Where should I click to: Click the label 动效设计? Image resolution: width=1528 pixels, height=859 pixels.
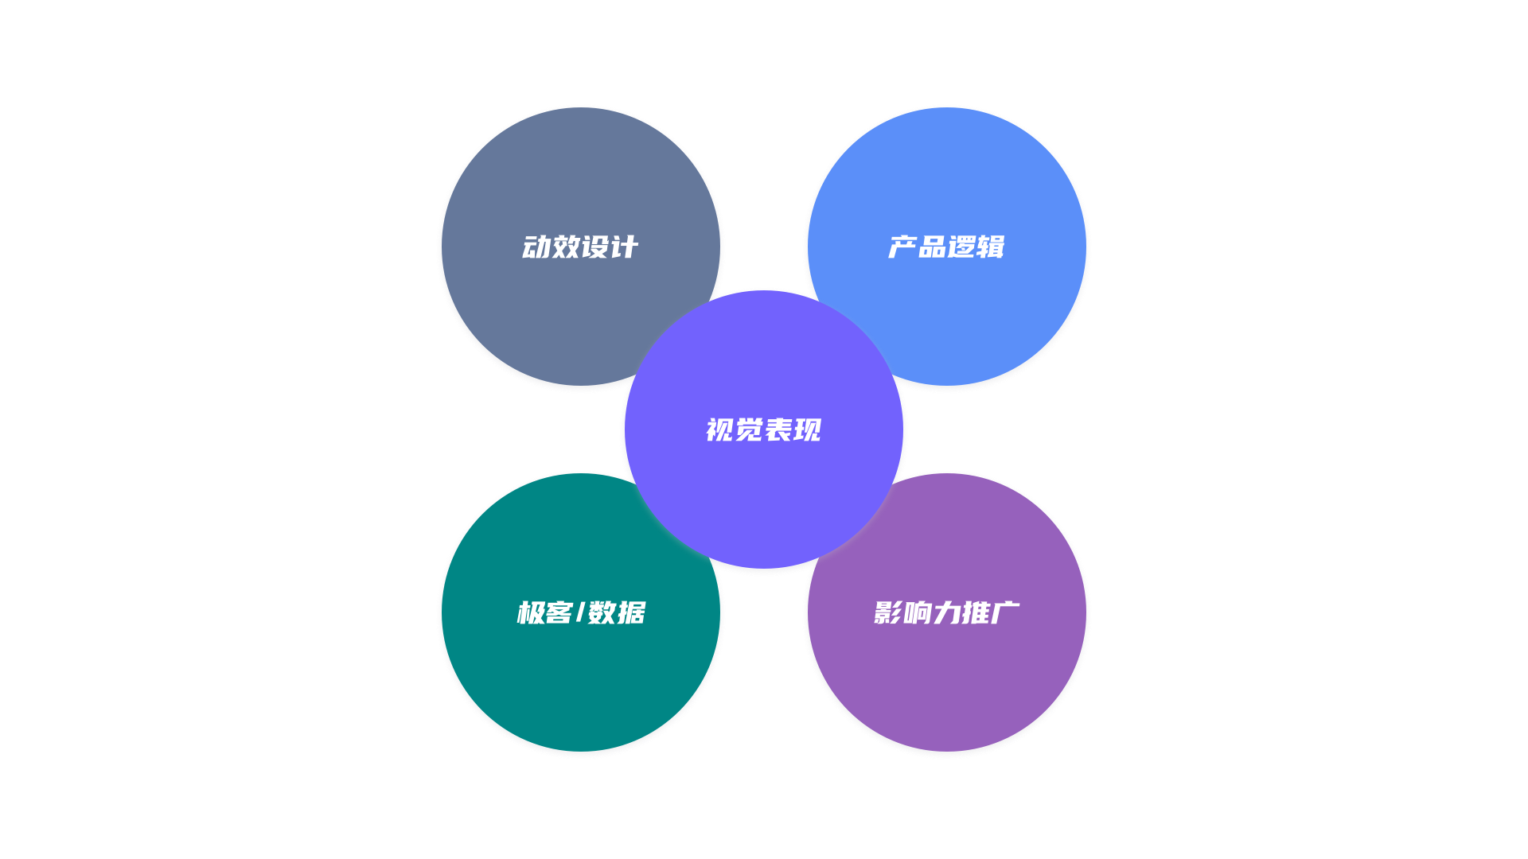coord(580,247)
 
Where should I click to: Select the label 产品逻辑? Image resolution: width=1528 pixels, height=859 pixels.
coord(946,247)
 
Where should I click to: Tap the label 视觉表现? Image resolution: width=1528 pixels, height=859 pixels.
coord(763,430)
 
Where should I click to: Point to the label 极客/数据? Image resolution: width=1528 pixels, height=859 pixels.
coord(581,613)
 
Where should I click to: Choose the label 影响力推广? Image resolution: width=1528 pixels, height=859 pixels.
coord(946,613)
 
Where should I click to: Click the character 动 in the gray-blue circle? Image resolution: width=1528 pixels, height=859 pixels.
coord(537,247)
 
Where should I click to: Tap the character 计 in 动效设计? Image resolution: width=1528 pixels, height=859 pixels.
coord(624,247)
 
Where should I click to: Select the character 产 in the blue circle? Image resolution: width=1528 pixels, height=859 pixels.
coord(902,247)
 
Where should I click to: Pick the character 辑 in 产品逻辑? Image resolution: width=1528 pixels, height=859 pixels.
coord(990,247)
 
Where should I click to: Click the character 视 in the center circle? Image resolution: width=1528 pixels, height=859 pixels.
coord(720,430)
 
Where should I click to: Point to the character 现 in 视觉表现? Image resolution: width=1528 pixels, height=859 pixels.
coord(807,430)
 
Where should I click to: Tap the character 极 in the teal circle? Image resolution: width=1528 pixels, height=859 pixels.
coord(531,613)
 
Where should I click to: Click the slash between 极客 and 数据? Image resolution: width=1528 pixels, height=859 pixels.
coord(580,613)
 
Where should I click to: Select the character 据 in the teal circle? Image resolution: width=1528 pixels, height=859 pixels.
coord(631,613)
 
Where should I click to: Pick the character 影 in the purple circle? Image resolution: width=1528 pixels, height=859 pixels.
coord(888,613)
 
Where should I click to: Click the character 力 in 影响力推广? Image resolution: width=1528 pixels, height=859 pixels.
coord(946,613)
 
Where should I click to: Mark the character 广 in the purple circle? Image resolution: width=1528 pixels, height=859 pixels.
coord(1005,613)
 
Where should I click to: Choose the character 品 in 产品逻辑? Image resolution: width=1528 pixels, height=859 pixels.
coord(932,247)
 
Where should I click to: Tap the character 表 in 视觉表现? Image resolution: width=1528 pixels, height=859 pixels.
coord(778,430)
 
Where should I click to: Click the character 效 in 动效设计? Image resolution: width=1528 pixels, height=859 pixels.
coord(566,247)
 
